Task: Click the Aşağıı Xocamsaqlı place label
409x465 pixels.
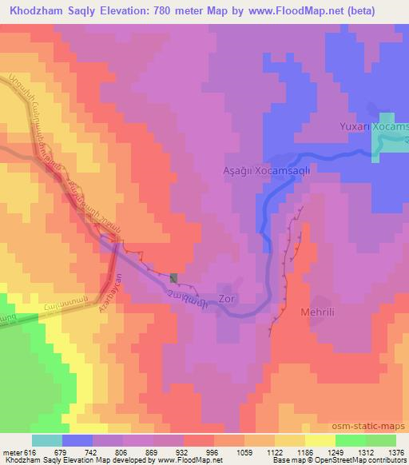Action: pyautogui.click(x=276, y=170)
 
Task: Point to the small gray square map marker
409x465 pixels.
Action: pyautogui.click(x=174, y=277)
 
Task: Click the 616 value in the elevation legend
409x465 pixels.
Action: pyautogui.click(x=30, y=451)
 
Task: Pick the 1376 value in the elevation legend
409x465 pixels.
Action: pyautogui.click(x=395, y=451)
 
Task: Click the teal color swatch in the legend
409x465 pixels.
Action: pyautogui.click(x=47, y=439)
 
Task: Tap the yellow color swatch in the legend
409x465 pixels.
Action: pyautogui.click(x=320, y=439)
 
